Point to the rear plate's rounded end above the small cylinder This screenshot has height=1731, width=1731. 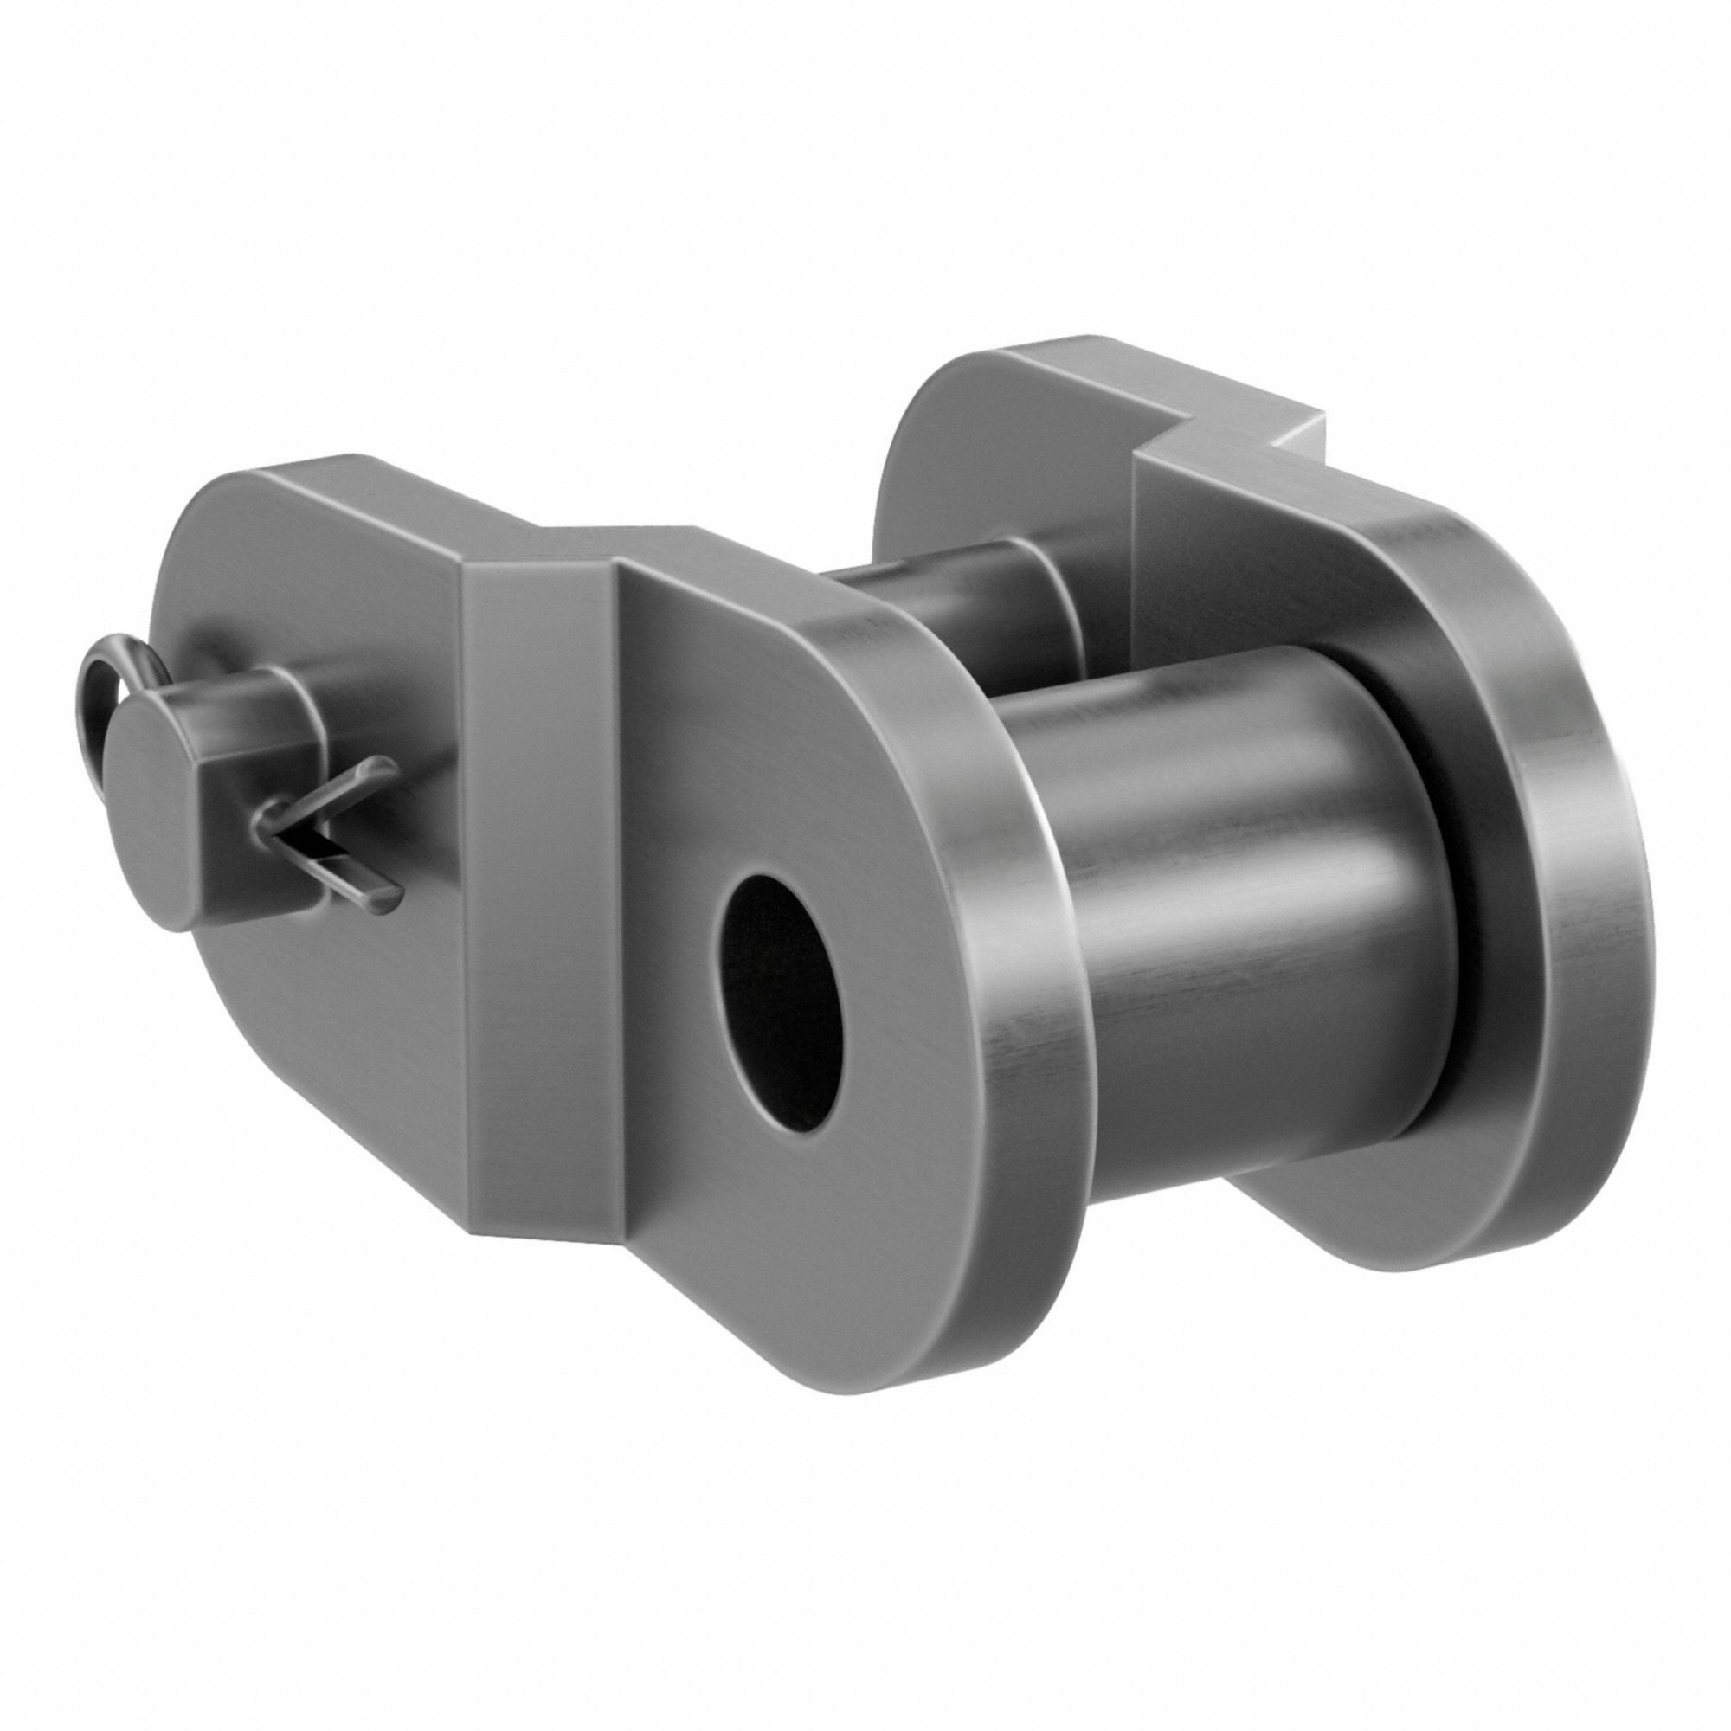(949, 430)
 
